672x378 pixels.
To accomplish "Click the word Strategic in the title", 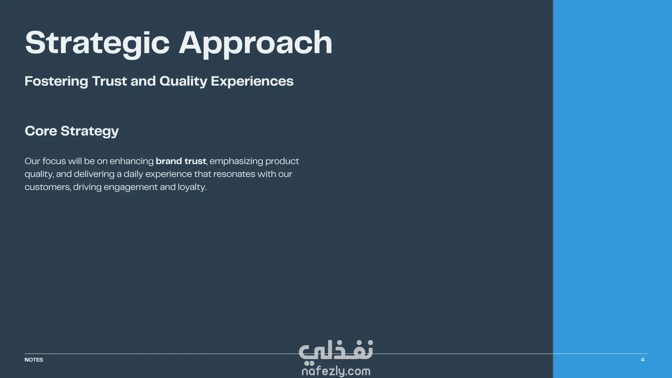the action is coord(97,43).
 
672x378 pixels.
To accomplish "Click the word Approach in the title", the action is coord(255,43).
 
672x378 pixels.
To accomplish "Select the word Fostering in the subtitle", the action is coord(56,82).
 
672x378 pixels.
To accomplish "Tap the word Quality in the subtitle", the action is coord(183,82).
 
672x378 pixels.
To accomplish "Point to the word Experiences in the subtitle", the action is coord(252,82).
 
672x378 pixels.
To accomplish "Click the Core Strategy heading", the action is coord(72,131).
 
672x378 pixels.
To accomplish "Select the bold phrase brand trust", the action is coord(181,161).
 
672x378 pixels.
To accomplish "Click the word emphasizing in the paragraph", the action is coord(236,161).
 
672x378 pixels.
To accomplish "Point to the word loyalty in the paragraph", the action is coord(192,187).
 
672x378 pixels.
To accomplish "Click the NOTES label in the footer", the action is coord(34,360).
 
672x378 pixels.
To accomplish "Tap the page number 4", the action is coord(643,360).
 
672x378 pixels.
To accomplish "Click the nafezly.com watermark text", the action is coord(336,371).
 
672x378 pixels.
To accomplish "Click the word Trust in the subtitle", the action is coord(110,82).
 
